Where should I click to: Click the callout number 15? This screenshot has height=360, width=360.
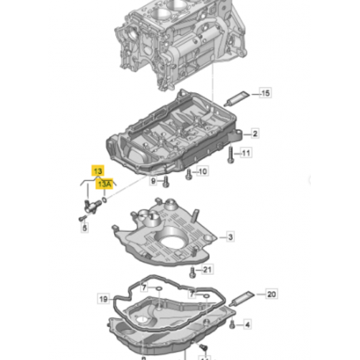[x=265, y=93]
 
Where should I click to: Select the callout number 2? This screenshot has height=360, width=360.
[x=255, y=134]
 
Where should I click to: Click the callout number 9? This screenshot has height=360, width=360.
[x=153, y=180]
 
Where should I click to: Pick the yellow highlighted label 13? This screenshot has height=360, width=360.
[x=98, y=171]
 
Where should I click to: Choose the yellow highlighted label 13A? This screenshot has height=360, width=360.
[x=104, y=184]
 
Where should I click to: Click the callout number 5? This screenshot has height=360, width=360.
[x=85, y=228]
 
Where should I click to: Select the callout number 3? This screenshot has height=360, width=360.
[x=230, y=237]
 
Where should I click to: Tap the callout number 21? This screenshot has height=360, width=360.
[x=207, y=270]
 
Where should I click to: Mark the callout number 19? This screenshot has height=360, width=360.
[x=104, y=299]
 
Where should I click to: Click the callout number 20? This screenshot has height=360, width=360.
[x=271, y=294]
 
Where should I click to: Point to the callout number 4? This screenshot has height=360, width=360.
[x=247, y=324]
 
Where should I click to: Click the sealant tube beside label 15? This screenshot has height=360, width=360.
[x=237, y=98]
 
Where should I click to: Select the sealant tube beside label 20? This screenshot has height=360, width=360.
[x=241, y=298]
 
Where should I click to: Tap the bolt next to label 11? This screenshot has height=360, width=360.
[x=231, y=155]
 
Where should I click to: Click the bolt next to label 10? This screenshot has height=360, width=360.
[x=188, y=174]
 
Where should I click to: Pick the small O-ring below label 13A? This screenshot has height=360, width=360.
[x=104, y=200]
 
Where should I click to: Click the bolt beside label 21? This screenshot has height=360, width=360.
[x=192, y=272]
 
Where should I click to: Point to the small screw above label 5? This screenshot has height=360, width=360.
[x=82, y=218]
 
